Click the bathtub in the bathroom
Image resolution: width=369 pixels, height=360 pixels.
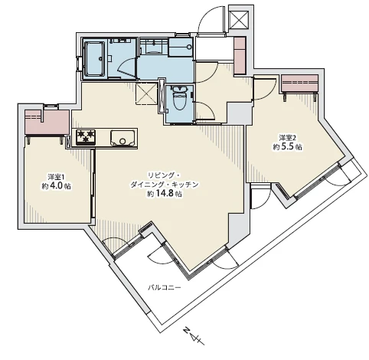click(x=95, y=59)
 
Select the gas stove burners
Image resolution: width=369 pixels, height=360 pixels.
click(x=86, y=137)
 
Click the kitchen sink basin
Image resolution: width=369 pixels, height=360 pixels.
click(x=122, y=138)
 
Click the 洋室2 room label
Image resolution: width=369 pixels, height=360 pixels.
click(x=287, y=138)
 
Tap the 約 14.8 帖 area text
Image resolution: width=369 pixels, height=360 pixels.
click(x=165, y=194)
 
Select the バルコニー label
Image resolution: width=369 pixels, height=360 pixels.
click(x=165, y=288)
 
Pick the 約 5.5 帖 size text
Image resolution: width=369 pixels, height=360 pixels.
click(x=288, y=147)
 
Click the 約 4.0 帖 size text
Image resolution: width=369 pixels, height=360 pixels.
click(x=57, y=186)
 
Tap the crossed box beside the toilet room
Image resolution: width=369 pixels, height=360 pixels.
click(x=146, y=93)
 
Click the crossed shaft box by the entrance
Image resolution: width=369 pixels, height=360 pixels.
click(x=240, y=20)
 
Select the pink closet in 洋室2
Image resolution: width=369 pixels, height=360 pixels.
click(x=300, y=83)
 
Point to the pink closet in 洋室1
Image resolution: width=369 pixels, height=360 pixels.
click(x=47, y=123)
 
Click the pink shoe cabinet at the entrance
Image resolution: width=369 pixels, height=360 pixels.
click(x=240, y=56)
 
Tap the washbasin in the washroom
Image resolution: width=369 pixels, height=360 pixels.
click(x=153, y=46)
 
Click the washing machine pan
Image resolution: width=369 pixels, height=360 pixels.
click(x=181, y=47)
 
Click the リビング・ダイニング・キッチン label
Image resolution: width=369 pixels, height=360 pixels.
click(x=165, y=180)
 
